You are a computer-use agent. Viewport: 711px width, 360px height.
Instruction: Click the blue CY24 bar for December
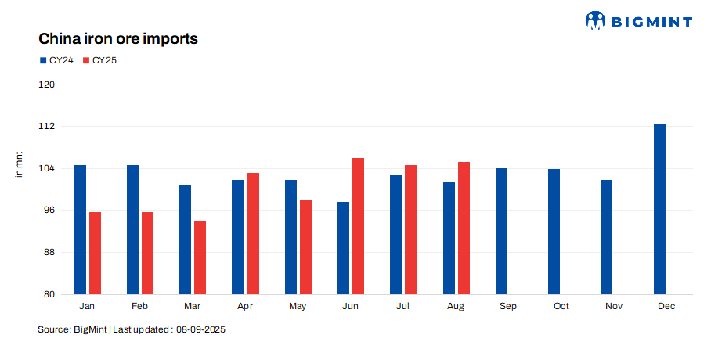coord(659,209)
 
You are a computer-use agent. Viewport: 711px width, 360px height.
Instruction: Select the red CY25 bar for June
coord(358,226)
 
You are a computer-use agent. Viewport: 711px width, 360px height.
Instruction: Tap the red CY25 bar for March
coord(200,257)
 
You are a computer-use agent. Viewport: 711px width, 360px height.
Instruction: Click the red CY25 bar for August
coord(464,228)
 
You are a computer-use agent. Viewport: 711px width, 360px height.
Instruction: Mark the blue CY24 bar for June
coord(343,248)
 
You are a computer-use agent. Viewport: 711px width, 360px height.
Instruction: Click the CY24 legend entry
coord(56,60)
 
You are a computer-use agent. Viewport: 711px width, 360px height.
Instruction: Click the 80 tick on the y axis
coord(49,294)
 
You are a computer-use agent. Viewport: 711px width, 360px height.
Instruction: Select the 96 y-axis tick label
coord(49,211)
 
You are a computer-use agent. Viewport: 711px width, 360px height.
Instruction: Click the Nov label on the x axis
coord(614,306)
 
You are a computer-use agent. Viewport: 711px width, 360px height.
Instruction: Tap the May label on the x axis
coord(298,306)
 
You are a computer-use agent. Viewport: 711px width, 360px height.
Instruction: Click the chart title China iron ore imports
coord(118,38)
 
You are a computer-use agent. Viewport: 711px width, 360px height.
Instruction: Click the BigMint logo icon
coord(596,20)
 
